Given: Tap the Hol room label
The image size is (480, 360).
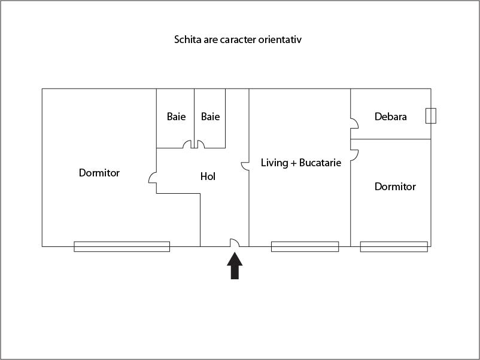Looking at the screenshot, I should point(208,177).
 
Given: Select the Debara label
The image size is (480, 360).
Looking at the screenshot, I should point(391,117).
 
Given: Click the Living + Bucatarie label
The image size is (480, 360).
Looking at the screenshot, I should point(301,163).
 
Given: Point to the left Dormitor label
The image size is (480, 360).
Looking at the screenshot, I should point(99,173).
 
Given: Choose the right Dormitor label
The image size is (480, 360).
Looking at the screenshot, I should point(395,187).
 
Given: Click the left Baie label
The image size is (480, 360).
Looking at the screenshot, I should point(176,117).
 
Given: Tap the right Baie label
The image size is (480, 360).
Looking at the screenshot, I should point(210,117).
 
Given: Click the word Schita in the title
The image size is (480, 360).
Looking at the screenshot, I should point(187,41).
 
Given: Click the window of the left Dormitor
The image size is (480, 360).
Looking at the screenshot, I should point(121,246).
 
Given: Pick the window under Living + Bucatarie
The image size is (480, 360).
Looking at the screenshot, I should point(305,246).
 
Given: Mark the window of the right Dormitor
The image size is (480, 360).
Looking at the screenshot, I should point(394,246).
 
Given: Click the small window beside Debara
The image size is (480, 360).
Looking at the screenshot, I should point(431,115).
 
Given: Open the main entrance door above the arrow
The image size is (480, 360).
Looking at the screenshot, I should point(235,242).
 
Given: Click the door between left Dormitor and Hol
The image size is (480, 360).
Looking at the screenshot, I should point(152,178).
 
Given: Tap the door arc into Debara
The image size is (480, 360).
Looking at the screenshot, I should point(354,124).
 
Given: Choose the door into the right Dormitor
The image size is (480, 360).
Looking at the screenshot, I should point(354,155).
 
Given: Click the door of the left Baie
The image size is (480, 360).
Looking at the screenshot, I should point(187,145).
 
